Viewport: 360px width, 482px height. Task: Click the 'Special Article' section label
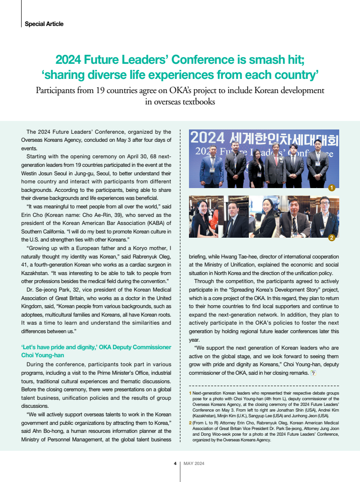pyautogui.click(x=44, y=24)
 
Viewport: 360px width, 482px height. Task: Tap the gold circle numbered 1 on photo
pyautogui.click(x=332, y=188)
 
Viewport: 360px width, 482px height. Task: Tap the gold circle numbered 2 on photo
pyautogui.click(x=332, y=238)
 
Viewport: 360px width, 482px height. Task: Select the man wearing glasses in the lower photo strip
pyautogui.click(x=325, y=217)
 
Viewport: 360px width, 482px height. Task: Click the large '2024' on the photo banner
pyautogui.click(x=207, y=138)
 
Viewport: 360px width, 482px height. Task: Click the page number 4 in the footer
pyautogui.click(x=175, y=464)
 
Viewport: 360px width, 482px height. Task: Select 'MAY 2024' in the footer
pyautogui.click(x=194, y=464)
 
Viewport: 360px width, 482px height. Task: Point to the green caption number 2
pyautogui.click(x=190, y=422)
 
